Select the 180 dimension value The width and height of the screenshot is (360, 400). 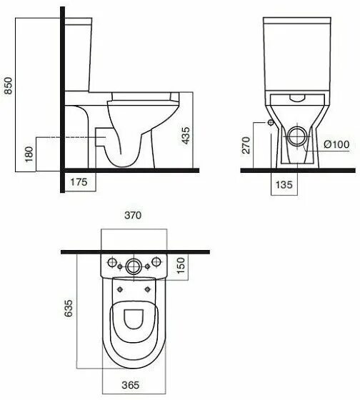[x=29, y=155]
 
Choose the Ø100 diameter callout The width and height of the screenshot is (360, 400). [x=336, y=144]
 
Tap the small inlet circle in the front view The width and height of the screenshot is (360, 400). [x=271, y=122]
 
